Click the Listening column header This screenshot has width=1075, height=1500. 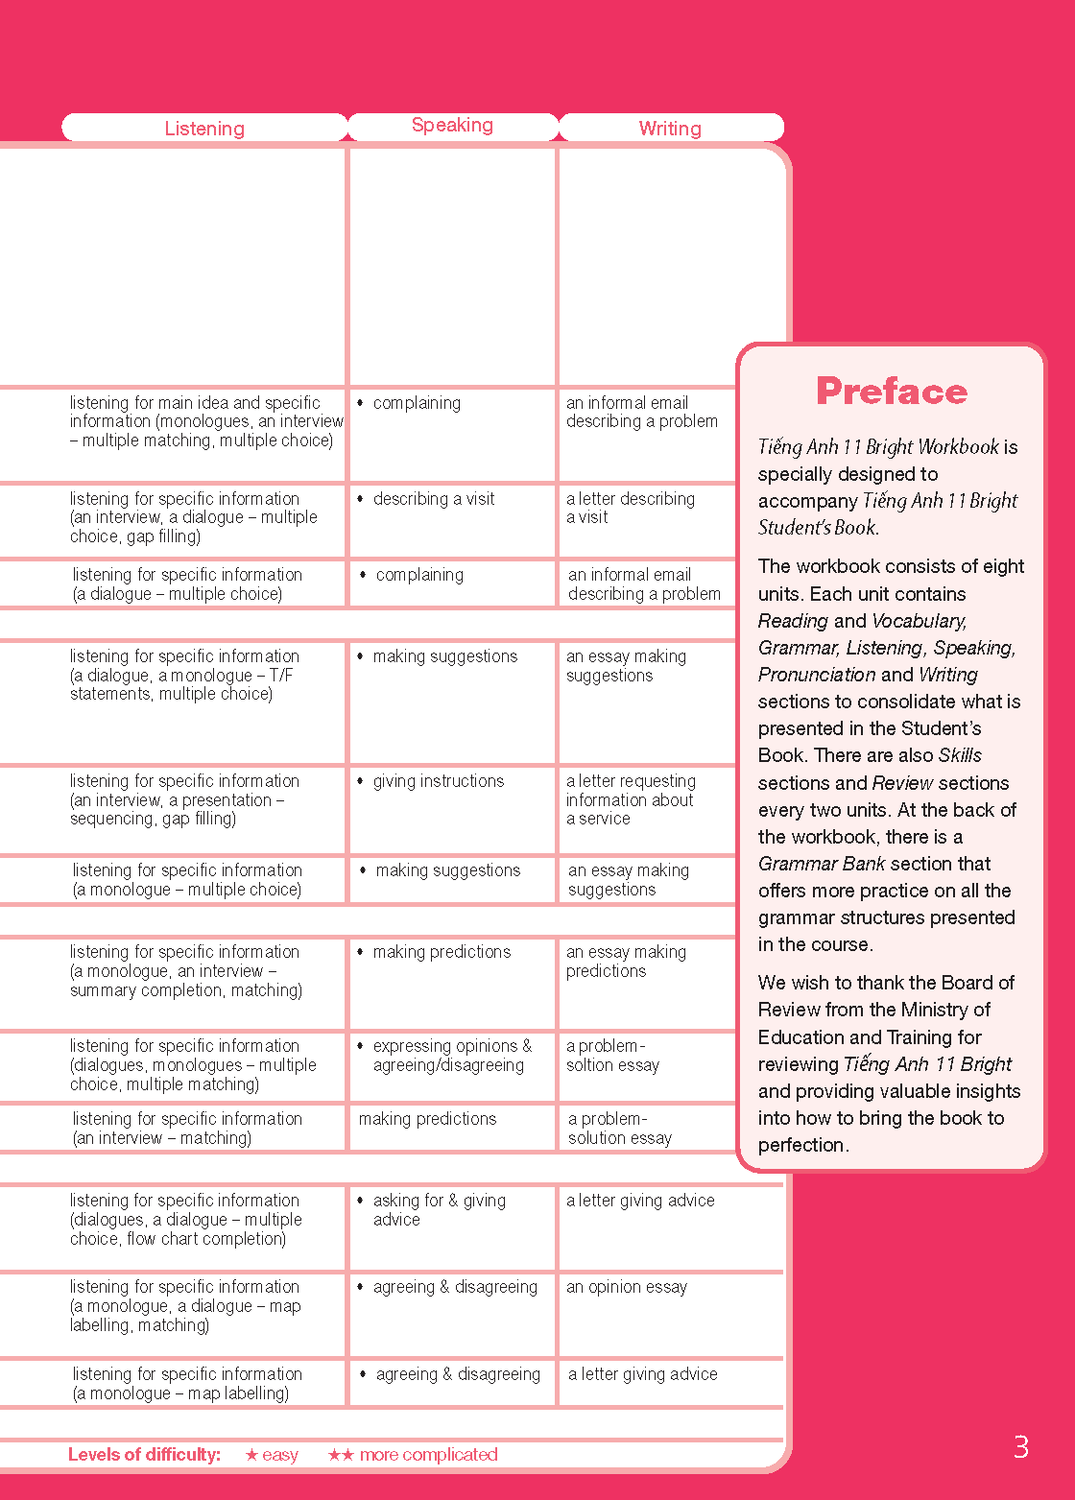(204, 129)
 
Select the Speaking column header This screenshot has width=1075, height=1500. (452, 126)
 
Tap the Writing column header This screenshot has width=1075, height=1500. (670, 129)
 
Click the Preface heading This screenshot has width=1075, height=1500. (892, 392)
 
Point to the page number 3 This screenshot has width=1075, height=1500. (1021, 1447)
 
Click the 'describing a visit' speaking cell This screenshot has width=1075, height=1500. (434, 499)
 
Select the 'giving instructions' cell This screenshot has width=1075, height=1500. (439, 781)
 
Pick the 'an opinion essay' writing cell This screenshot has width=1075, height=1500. (627, 1287)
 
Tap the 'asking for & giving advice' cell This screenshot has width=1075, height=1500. (439, 1210)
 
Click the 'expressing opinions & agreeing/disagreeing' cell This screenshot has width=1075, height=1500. (451, 1056)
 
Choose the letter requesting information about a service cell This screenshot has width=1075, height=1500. (631, 799)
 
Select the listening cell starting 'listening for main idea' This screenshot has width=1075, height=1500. (205, 421)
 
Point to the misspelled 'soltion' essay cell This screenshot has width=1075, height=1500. (612, 1056)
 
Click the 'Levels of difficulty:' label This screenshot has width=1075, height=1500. (144, 1455)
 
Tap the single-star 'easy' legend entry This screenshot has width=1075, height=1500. (272, 1455)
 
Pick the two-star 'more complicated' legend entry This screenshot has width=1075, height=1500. (413, 1455)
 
